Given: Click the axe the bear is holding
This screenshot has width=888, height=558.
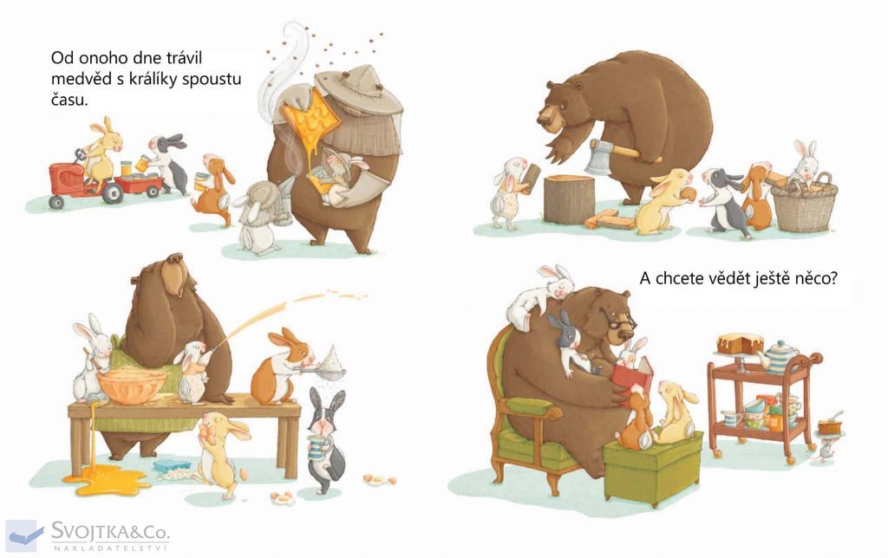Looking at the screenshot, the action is [x=617, y=153].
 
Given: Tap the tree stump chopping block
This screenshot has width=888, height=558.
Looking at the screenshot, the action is [x=569, y=198].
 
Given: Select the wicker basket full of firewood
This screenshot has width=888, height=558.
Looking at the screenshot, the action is [x=804, y=202].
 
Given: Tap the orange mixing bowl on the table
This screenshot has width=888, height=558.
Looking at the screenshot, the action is [x=132, y=386].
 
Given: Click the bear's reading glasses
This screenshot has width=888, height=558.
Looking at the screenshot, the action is [x=619, y=321].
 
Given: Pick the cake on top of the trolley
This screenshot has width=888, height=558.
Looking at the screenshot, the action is [x=740, y=343].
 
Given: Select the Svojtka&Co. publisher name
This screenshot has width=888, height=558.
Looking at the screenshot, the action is [x=110, y=531].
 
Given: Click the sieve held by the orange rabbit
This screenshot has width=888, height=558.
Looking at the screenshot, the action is [x=330, y=368].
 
